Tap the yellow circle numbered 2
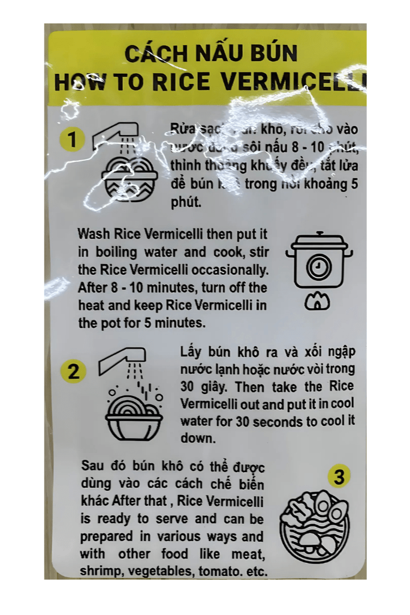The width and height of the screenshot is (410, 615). click(x=73, y=372)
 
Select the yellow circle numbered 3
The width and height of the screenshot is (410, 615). click(x=339, y=477)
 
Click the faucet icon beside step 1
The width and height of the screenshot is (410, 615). click(x=116, y=136)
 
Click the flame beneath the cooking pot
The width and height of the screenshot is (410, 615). click(x=317, y=302)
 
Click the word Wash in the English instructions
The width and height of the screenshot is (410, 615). click(x=94, y=233)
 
